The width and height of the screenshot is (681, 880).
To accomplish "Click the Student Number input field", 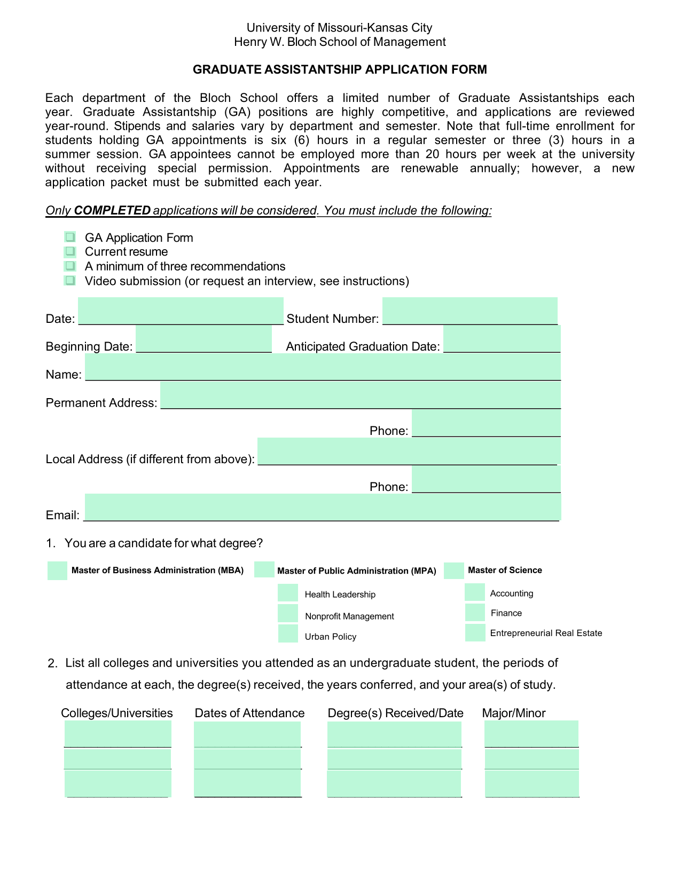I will (469, 311).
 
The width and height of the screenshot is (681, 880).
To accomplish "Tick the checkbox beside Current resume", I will (70, 251).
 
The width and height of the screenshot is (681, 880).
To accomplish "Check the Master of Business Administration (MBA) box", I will (57, 570).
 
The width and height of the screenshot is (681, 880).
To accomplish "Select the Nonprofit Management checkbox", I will (288, 613).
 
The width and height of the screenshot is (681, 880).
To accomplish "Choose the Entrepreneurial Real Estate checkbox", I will (475, 633).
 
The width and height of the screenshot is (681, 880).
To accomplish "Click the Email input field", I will (323, 507).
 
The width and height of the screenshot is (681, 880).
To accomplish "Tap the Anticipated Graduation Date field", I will (502, 339).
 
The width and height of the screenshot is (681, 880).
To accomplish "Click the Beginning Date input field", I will (203, 339).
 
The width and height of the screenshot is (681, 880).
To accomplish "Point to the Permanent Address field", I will (361, 395).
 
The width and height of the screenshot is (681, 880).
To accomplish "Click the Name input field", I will (323, 367).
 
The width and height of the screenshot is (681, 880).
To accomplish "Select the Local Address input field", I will (409, 451).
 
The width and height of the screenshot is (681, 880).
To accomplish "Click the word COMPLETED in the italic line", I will (112, 210).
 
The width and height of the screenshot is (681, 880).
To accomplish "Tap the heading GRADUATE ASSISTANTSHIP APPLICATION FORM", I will (340, 69).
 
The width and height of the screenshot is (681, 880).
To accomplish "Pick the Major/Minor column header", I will (513, 713).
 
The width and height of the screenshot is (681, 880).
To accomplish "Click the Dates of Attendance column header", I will (249, 713).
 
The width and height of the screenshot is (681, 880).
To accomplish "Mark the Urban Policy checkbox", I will (288, 634).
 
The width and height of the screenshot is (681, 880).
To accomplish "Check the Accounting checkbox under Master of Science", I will (474, 592).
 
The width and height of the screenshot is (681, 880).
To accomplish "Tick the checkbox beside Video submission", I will (70, 280).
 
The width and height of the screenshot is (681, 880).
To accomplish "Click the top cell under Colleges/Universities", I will (118, 734).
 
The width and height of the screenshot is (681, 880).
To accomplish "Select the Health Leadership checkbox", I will (288, 593).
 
